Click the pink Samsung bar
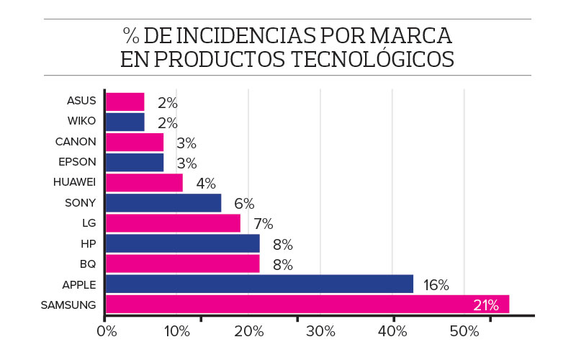click(307, 305)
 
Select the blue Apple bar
click(259, 284)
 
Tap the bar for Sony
click(163, 203)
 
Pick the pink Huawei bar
click(144, 183)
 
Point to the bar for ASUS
click(125, 102)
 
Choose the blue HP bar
click(182, 243)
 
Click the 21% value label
click(486, 305)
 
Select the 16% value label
click(436, 285)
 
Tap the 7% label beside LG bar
click(263, 224)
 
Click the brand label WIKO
click(81, 121)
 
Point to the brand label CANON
click(76, 141)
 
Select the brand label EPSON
click(77, 161)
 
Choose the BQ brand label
click(88, 264)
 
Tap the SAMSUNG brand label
click(68, 305)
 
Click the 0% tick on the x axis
click(107, 332)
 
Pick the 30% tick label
click(320, 332)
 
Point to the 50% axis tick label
click(464, 332)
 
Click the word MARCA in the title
click(412, 35)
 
